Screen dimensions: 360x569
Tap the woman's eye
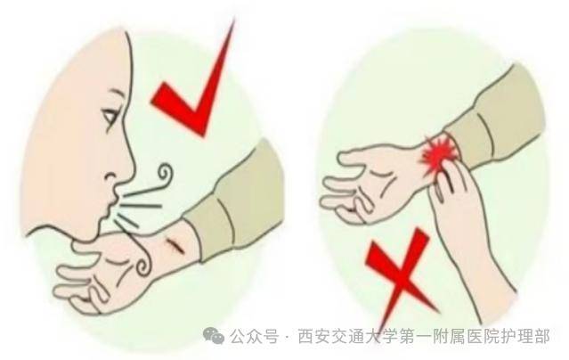[x=110, y=115]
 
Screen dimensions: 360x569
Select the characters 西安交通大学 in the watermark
[x=343, y=337]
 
